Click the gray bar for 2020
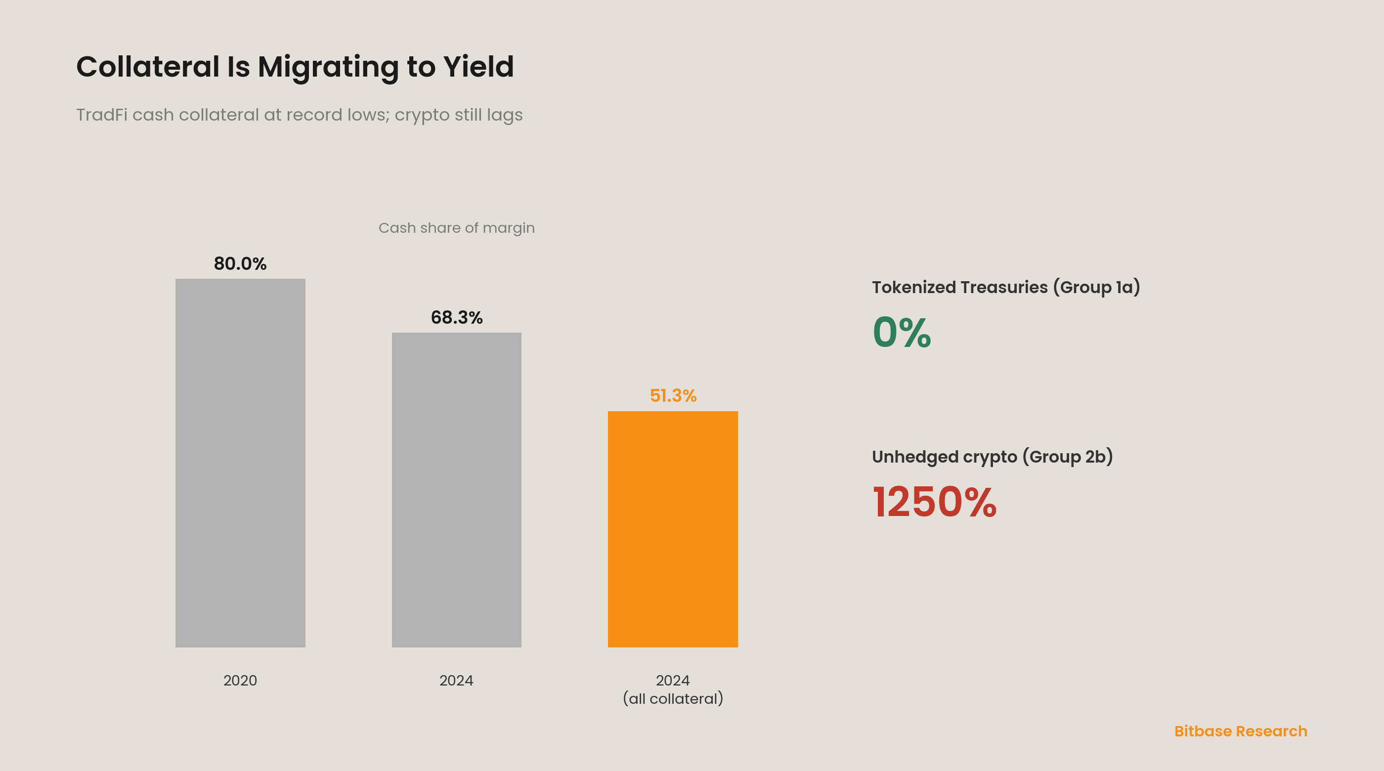pyautogui.click(x=240, y=463)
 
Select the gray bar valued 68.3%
pyautogui.click(x=456, y=490)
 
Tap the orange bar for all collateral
pyautogui.click(x=673, y=529)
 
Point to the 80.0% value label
pyautogui.click(x=240, y=263)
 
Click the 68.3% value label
pyautogui.click(x=457, y=317)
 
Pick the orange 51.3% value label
pyautogui.click(x=673, y=395)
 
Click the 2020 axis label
pyautogui.click(x=240, y=680)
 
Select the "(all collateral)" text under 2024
pyautogui.click(x=673, y=698)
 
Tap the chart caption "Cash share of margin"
pyautogui.click(x=457, y=228)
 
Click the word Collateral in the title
pyautogui.click(x=148, y=67)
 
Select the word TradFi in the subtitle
pyautogui.click(x=101, y=115)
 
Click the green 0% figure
pyautogui.click(x=902, y=332)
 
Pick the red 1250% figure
pyautogui.click(x=934, y=502)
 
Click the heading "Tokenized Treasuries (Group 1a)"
pyautogui.click(x=1006, y=288)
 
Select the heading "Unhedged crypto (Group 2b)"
pyautogui.click(x=993, y=457)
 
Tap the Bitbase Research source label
pyautogui.click(x=1241, y=731)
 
